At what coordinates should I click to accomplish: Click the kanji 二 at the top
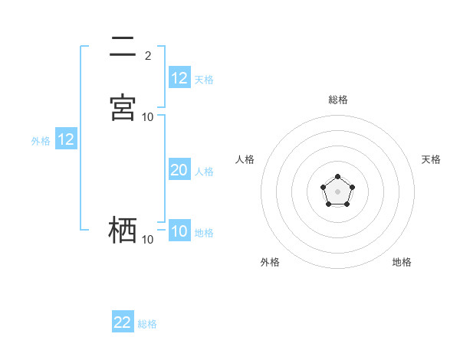pos(123,47)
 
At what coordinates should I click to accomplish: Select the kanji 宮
pos(123,107)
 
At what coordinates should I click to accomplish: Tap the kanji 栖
pos(123,229)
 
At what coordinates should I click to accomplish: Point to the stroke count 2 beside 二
pos(148,56)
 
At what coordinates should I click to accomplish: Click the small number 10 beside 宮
pos(148,117)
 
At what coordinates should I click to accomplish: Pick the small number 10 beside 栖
pos(148,240)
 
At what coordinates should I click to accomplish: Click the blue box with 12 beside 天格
pos(179,78)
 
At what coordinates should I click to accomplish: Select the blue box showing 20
pos(179,170)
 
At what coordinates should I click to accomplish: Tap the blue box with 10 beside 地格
pos(179,231)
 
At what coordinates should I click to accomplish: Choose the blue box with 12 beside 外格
pos(66,139)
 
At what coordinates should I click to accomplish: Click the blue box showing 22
pos(123,322)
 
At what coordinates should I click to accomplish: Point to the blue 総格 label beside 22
pos(147,324)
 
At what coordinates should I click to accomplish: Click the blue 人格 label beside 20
pos(205,172)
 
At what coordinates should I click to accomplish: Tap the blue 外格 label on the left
pos(41,141)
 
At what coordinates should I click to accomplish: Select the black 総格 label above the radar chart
pos(337,100)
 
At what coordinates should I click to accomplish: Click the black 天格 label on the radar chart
pos(432,159)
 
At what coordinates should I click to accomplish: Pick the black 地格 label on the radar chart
pos(402,263)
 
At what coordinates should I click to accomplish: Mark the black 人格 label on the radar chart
pos(245,159)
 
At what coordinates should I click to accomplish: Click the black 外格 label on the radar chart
pos(270,263)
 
